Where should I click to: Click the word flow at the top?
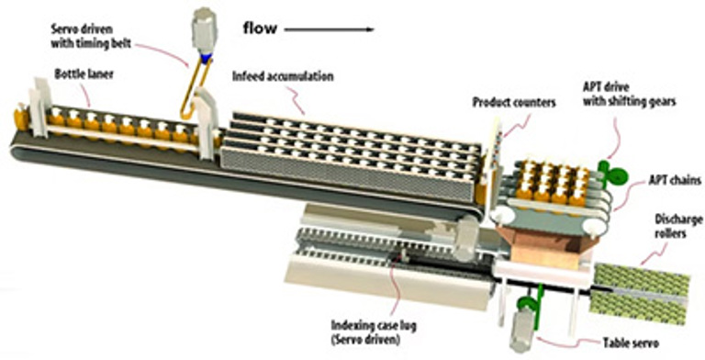260,28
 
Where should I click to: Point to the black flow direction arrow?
330,29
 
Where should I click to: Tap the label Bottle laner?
84,73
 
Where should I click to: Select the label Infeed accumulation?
283,76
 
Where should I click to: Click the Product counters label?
514,103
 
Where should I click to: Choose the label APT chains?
675,181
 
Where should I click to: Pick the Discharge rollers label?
678,227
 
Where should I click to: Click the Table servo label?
631,343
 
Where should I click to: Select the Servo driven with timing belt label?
91,37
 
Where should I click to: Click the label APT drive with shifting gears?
630,94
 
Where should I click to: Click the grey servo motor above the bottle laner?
205,29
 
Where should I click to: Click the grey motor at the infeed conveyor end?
466,237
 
